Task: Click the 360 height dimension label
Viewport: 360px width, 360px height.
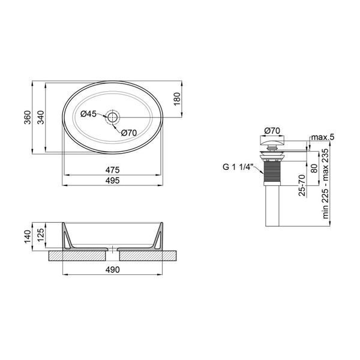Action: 28,118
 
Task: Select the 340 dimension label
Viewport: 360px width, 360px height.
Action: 41,118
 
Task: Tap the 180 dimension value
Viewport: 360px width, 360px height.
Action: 177,99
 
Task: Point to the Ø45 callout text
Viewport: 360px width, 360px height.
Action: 88,113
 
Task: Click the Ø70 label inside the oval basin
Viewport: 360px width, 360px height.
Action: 129,133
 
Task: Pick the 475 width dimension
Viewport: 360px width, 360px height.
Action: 113,170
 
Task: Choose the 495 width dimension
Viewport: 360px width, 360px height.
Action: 113,181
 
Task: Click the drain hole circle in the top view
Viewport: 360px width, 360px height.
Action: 113,118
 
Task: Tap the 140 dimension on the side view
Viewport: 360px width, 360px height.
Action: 28,236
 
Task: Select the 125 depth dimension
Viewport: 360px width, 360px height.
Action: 41,235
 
